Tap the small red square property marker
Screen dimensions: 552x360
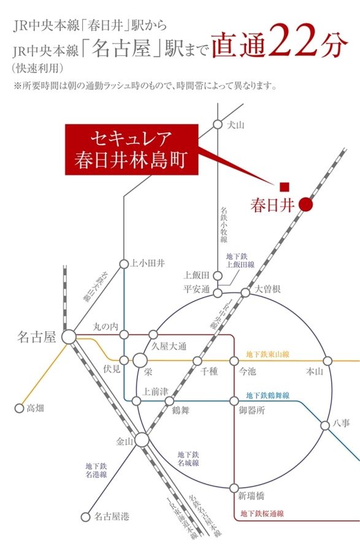(x=284, y=186)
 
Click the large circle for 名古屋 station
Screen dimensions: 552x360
(x=68, y=336)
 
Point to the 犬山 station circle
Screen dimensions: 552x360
(x=217, y=125)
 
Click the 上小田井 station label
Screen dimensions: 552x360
(x=148, y=263)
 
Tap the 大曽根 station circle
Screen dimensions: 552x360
(x=245, y=293)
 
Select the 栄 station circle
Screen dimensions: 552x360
(x=140, y=361)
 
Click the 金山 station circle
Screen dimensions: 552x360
(x=142, y=440)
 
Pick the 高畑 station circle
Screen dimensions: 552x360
(x=18, y=407)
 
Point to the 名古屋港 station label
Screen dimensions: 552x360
(x=112, y=517)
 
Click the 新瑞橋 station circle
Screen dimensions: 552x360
(x=234, y=488)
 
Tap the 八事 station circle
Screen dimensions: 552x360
(x=325, y=425)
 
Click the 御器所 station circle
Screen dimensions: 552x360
(x=234, y=401)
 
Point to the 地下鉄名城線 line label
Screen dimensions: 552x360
(x=188, y=459)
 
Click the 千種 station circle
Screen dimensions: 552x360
(x=197, y=361)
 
